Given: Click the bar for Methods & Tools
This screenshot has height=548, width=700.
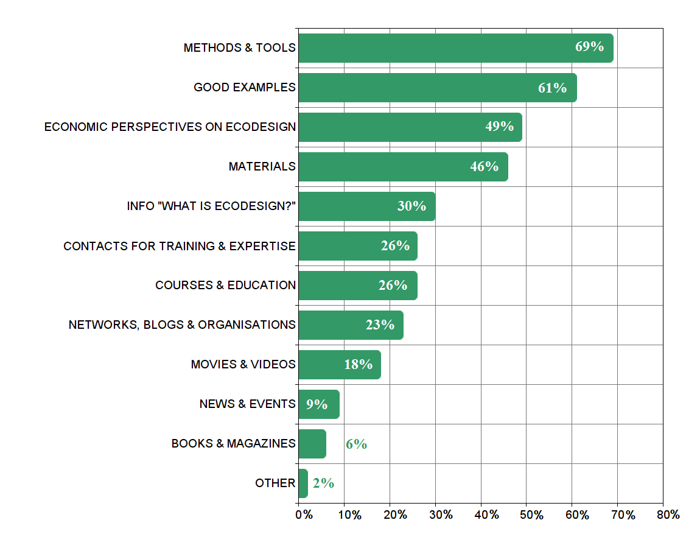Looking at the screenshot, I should click(x=455, y=48).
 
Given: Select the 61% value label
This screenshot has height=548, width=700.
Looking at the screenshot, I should click(x=552, y=88).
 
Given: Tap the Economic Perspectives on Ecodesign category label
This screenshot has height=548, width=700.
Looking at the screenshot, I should click(x=170, y=127).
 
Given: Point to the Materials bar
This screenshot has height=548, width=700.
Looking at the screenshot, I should click(x=403, y=167).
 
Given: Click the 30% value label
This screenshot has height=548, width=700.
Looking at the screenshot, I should click(x=411, y=206).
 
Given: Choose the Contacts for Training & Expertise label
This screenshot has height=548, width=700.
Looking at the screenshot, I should click(x=179, y=246).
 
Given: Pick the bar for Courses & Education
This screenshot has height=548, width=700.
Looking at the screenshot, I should click(x=357, y=286).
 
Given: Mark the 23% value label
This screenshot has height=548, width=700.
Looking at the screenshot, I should click(x=380, y=325).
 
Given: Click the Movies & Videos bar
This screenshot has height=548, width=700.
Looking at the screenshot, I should click(x=339, y=365).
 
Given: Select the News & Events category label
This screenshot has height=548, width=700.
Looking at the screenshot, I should click(x=247, y=404).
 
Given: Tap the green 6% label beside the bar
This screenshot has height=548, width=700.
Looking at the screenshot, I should click(x=356, y=444).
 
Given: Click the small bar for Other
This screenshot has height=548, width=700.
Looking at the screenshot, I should click(x=303, y=483).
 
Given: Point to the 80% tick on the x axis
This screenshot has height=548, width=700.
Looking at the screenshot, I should click(x=668, y=515).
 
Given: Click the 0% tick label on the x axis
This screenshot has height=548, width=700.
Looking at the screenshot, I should click(x=304, y=515).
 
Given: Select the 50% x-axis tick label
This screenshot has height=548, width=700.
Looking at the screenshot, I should click(x=531, y=515).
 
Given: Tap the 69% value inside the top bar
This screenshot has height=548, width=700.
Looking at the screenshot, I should click(x=589, y=46).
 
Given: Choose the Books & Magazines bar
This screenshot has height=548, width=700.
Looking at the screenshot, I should click(x=312, y=444).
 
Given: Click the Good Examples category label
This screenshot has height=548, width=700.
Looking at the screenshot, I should click(x=244, y=88).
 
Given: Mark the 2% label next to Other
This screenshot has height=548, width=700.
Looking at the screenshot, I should click(x=323, y=483).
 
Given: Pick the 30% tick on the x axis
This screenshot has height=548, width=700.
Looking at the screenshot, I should click(x=440, y=515).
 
